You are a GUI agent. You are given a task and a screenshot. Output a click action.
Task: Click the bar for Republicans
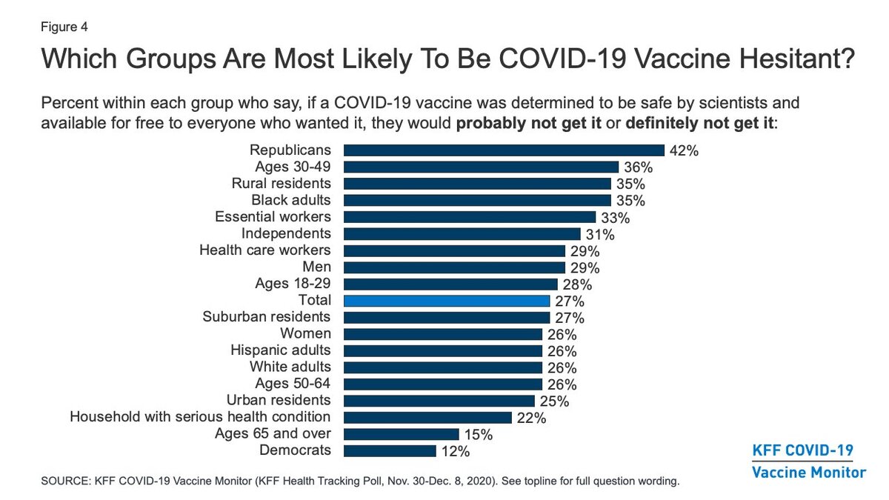(504, 150)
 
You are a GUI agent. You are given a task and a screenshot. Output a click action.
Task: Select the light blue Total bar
(446, 301)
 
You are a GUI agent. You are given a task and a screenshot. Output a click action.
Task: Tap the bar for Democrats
(390, 450)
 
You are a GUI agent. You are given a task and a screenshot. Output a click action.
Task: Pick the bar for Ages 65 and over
(401, 434)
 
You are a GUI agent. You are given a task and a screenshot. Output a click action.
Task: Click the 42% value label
(684, 151)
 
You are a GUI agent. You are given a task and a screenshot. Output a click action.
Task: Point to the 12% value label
(455, 451)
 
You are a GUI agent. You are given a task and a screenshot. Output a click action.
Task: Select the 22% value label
(531, 418)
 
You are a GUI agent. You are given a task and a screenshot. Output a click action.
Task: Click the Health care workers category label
(265, 250)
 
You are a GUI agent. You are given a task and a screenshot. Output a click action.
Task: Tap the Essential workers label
(273, 217)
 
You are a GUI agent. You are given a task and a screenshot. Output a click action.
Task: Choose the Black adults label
(291, 200)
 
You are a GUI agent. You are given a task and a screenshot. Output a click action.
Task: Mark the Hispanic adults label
(282, 350)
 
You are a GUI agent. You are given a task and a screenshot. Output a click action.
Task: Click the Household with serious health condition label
(200, 417)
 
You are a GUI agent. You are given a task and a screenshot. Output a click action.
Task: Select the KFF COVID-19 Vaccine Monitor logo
(808, 461)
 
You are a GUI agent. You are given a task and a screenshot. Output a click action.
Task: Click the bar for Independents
(462, 234)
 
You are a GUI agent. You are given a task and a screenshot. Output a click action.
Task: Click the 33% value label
(615, 218)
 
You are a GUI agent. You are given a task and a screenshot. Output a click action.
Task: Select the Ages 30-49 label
(294, 167)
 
